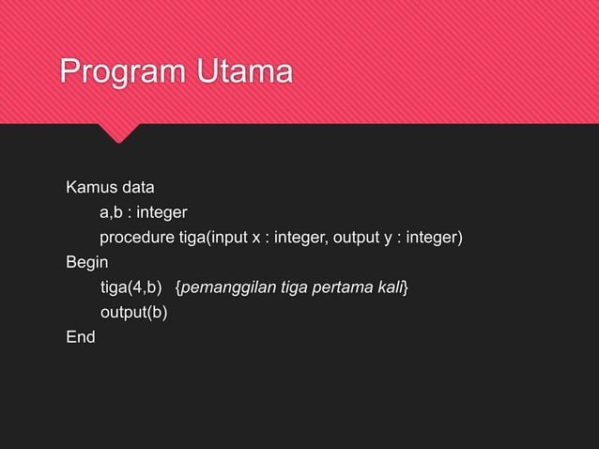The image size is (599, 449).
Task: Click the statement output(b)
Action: [134, 312]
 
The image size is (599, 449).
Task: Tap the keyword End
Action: [81, 336]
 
